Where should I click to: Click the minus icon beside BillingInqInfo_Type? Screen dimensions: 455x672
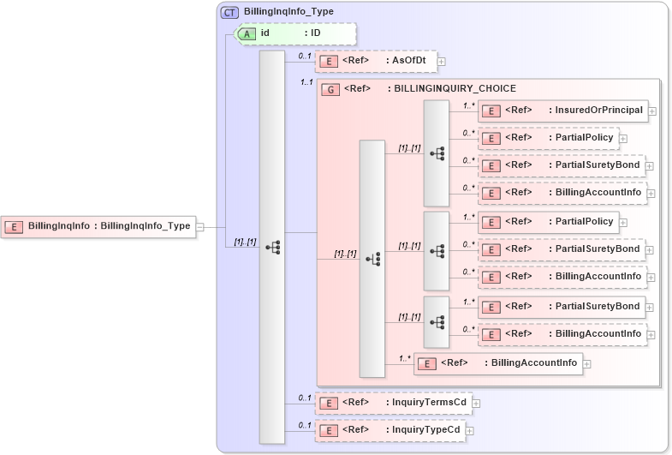(x=199, y=227)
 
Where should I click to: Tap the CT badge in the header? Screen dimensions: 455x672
(x=229, y=12)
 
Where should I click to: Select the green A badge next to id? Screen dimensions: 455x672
(x=247, y=33)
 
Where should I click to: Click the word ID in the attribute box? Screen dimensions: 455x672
(x=315, y=33)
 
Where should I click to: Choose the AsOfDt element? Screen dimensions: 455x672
(x=376, y=61)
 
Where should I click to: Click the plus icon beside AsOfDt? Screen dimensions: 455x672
(x=441, y=61)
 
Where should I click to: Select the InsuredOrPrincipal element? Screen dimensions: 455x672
(x=562, y=111)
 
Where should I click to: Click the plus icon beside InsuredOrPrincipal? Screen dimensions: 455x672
(x=652, y=111)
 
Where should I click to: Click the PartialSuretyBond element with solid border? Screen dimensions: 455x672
(x=561, y=306)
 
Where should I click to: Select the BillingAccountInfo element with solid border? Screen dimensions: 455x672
(x=498, y=363)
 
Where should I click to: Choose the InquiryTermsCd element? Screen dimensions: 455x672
(x=393, y=403)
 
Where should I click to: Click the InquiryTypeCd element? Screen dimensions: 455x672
(x=390, y=430)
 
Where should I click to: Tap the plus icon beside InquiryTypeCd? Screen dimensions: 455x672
(x=469, y=430)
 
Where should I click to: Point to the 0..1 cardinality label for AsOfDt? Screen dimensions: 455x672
(x=303, y=56)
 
